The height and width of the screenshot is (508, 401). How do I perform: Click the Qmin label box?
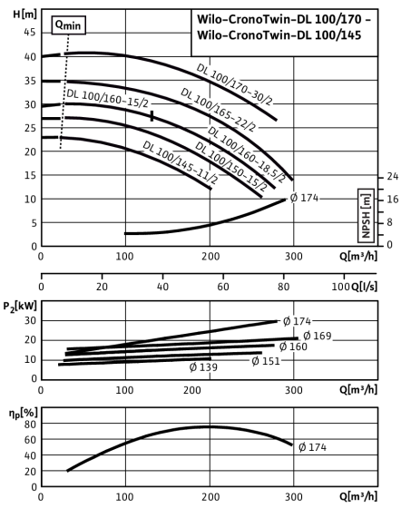68,25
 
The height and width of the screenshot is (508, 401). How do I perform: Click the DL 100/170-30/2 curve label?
235,85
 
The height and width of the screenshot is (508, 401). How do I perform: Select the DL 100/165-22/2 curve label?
219,110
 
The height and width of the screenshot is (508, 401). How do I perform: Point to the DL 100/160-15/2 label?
108,98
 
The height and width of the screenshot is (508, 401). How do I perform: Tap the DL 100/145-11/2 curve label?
181,162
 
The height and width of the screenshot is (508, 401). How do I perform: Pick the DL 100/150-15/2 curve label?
231,166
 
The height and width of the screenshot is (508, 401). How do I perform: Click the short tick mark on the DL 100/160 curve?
152,116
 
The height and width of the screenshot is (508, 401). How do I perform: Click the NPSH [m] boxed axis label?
366,216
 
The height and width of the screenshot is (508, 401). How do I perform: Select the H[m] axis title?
24,15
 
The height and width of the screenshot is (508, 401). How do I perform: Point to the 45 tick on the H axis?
29,33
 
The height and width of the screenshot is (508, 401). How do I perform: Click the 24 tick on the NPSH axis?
393,176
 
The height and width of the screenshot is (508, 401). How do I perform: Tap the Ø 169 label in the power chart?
318,336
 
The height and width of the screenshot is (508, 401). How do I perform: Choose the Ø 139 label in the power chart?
203,367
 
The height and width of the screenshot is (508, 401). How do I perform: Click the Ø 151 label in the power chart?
266,361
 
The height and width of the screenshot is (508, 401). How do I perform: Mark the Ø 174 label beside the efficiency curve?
313,447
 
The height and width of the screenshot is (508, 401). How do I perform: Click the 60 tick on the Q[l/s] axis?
223,287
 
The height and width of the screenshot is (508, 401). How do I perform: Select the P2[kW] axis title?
20,307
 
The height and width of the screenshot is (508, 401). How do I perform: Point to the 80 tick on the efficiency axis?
30,425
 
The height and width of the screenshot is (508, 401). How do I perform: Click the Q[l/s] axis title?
365,287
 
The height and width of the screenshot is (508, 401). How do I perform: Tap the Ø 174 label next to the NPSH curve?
305,198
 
